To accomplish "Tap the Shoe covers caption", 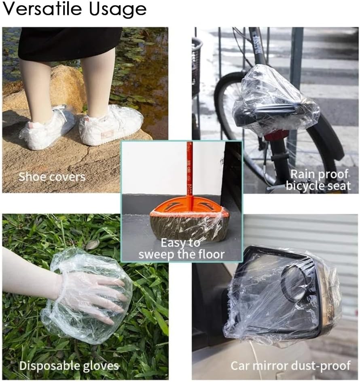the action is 52,177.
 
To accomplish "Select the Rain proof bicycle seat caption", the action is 318,180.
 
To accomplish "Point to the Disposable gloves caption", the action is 69,366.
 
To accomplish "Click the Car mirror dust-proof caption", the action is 290,366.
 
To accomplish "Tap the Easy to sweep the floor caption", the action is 181,249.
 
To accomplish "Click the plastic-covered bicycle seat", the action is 276,102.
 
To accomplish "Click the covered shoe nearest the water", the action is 111,125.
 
